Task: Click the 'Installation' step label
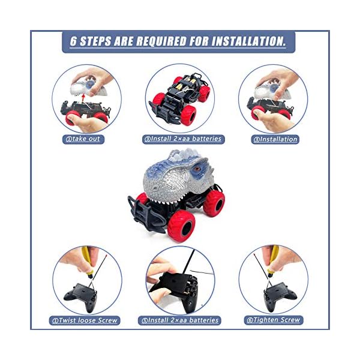point(275,139)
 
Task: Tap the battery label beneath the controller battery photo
point(181,320)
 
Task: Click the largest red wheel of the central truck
point(180,225)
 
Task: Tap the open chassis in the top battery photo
point(179,96)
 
